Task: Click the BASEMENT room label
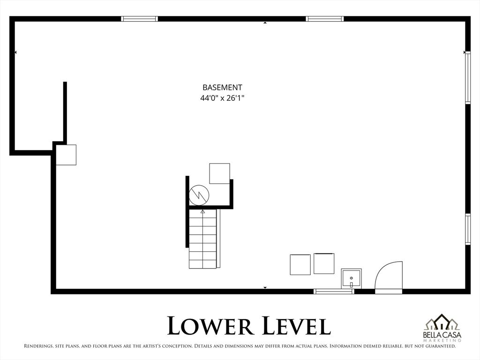pyautogui.click(x=222, y=87)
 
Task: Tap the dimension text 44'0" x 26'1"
pyautogui.click(x=222, y=98)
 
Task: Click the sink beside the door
pyautogui.click(x=351, y=279)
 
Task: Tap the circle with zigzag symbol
pyautogui.click(x=199, y=195)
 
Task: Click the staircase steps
pyautogui.click(x=203, y=239)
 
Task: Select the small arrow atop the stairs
pyautogui.click(x=203, y=212)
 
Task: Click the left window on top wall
pyautogui.click(x=139, y=19)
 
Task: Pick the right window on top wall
pyautogui.click(x=325, y=19)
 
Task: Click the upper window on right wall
pyautogui.click(x=467, y=77)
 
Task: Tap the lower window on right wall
pyautogui.click(x=467, y=229)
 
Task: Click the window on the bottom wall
pyautogui.click(x=334, y=292)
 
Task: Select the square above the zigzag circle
pyautogui.click(x=219, y=173)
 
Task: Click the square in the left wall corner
pyautogui.click(x=66, y=155)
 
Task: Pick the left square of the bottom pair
pyautogui.click(x=300, y=264)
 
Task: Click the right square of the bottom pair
pyautogui.click(x=324, y=263)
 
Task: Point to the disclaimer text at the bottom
pyautogui.click(x=240, y=346)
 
